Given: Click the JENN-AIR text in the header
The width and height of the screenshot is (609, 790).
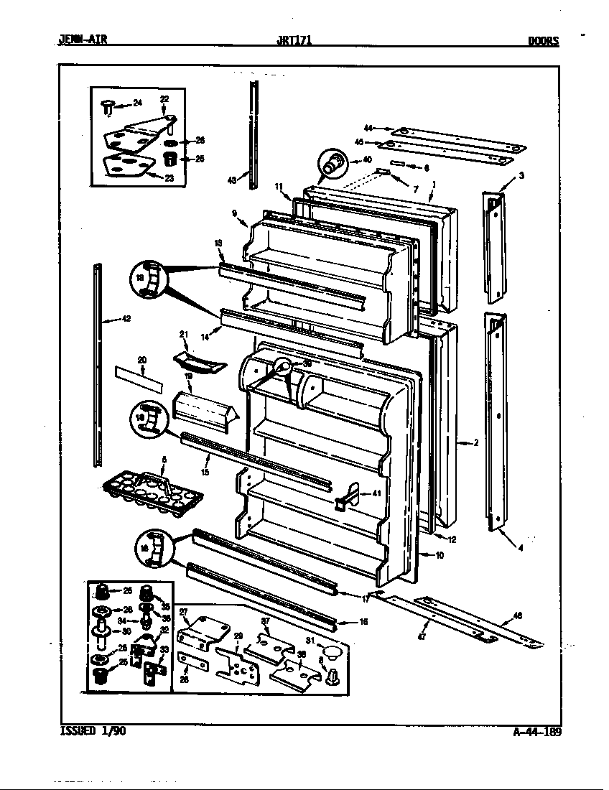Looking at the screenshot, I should pos(82,41).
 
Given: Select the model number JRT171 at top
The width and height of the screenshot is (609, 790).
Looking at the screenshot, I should pos(294,41).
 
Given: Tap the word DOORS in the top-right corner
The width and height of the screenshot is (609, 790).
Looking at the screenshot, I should pos(543,41).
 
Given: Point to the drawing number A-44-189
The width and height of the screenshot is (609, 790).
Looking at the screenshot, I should pos(537,733).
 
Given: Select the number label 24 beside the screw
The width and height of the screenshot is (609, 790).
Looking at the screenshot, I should pos(138,103).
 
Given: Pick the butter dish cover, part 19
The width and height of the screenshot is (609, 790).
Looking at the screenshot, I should pos(201,411).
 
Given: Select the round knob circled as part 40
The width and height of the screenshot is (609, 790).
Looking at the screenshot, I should pos(333,164).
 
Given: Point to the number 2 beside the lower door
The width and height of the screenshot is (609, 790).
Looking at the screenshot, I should pos(475,443).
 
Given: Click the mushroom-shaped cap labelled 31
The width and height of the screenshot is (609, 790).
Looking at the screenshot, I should pos(331,652).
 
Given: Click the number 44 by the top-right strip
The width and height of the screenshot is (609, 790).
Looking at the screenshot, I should pos(368,127).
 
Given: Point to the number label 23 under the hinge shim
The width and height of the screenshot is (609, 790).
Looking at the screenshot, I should pos(169,178).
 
